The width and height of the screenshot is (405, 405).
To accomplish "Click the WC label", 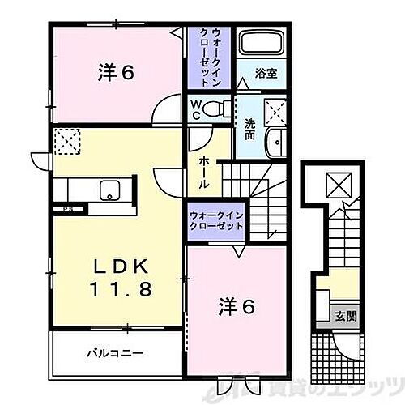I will [198, 109].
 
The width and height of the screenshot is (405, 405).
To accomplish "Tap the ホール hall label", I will [204, 172].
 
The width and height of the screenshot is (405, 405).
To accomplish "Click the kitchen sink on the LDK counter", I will [107, 191].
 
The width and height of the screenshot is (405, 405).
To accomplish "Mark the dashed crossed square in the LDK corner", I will [66, 141].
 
